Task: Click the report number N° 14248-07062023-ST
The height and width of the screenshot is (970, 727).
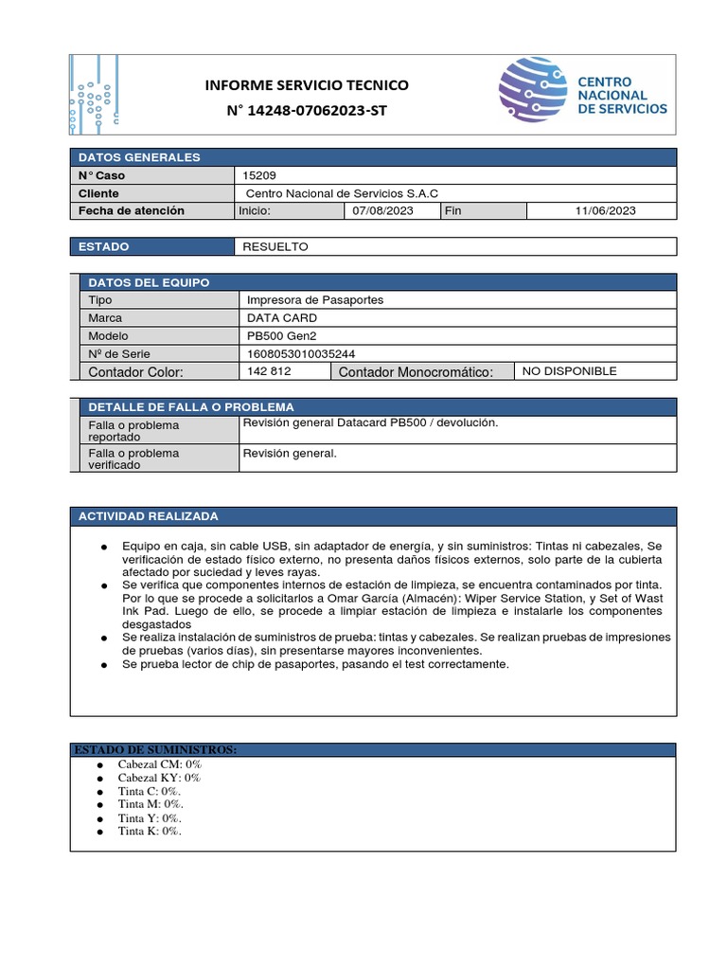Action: pyautogui.click(x=307, y=111)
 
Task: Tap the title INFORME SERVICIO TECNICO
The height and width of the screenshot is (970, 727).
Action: pyautogui.click(x=307, y=85)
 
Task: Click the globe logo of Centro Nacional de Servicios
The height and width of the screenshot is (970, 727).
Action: pyautogui.click(x=533, y=90)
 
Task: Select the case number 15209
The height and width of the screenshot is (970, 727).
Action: pyautogui.click(x=259, y=175)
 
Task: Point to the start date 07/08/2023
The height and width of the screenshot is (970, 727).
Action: pyautogui.click(x=382, y=210)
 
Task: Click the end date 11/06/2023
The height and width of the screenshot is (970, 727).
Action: pyautogui.click(x=605, y=210)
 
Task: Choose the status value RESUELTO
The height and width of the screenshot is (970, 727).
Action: pyautogui.click(x=275, y=246)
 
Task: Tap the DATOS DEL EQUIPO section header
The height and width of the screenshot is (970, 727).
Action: pyautogui.click(x=149, y=282)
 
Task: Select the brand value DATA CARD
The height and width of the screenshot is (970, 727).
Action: pyautogui.click(x=282, y=318)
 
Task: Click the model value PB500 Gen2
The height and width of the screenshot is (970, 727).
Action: pyautogui.click(x=280, y=335)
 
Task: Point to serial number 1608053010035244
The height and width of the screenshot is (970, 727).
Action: pyautogui.click(x=301, y=353)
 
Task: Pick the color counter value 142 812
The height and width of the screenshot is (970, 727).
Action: pyautogui.click(x=269, y=371)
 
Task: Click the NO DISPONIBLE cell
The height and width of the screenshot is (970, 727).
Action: pyautogui.click(x=569, y=371)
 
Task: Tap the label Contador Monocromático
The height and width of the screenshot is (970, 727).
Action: pyautogui.click(x=416, y=372)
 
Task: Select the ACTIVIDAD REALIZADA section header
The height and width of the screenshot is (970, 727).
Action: pyautogui.click(x=148, y=516)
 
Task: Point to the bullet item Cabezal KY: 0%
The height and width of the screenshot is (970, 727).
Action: pyautogui.click(x=159, y=778)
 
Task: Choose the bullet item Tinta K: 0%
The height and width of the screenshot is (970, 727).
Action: pyautogui.click(x=149, y=831)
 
